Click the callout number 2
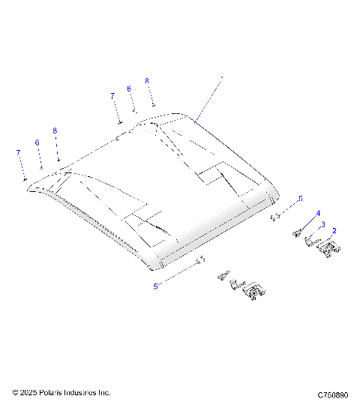tap(334, 231)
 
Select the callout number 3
tap(322, 224)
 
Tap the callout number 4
tap(318, 214)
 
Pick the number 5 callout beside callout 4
tap(300, 198)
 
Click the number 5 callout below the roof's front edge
tap(155, 286)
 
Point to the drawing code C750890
tap(332, 394)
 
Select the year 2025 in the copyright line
tap(28, 392)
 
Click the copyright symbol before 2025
tap(16, 392)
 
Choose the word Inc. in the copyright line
tap(104, 392)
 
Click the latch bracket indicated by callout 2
tap(327, 248)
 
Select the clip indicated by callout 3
tap(310, 240)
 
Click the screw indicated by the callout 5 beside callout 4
tap(274, 216)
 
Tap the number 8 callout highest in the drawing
tap(147, 80)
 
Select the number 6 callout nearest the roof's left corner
tap(37, 142)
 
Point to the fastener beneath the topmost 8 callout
tap(152, 105)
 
